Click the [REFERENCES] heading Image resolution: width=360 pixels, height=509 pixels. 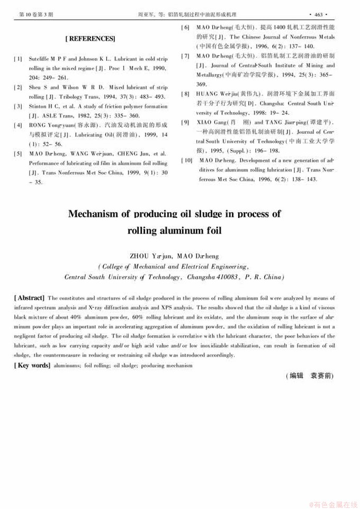[90, 39]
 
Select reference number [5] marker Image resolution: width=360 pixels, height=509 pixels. [18, 154]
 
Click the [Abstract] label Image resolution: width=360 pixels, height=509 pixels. [29, 298]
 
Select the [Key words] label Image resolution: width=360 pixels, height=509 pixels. [32, 366]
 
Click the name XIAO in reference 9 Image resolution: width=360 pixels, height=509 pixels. [204, 123]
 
